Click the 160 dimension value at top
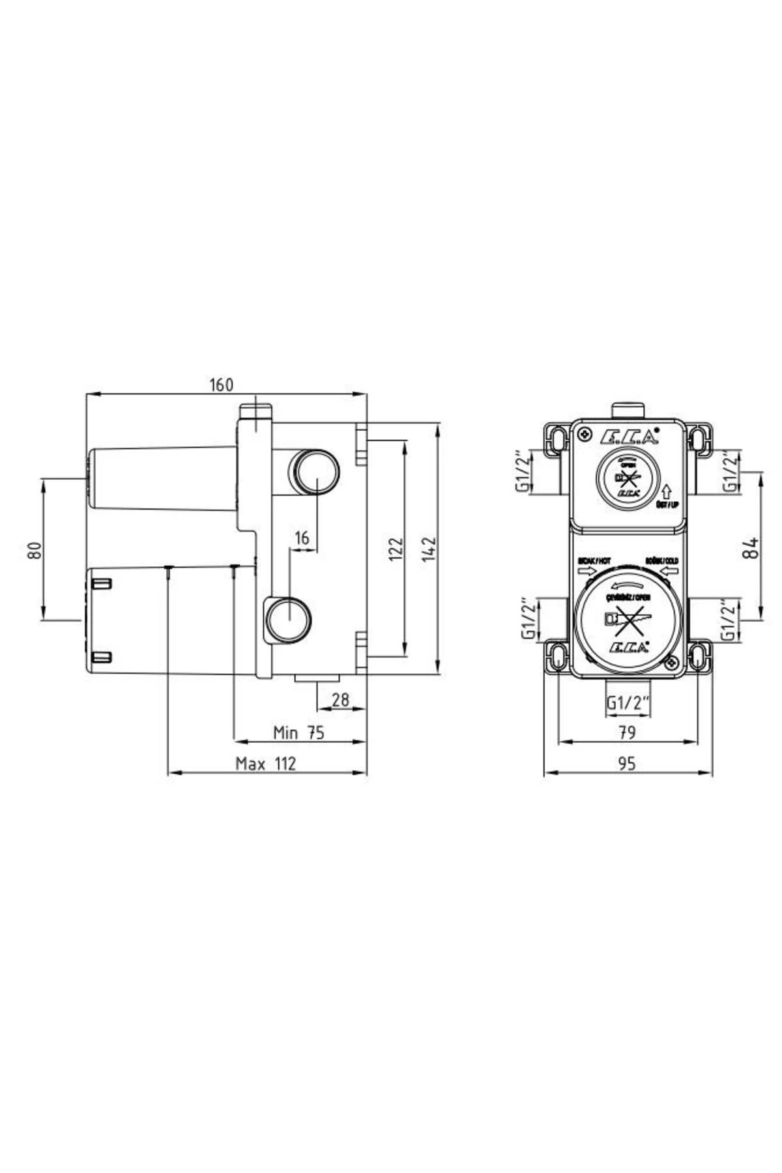point(221,385)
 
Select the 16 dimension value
point(302,538)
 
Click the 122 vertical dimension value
point(396,549)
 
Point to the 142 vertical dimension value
point(429,549)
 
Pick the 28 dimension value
point(340,700)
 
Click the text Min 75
point(298,732)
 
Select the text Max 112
point(266,764)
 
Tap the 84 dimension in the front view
point(751,547)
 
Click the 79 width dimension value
point(627,732)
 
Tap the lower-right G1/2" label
point(729,619)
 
